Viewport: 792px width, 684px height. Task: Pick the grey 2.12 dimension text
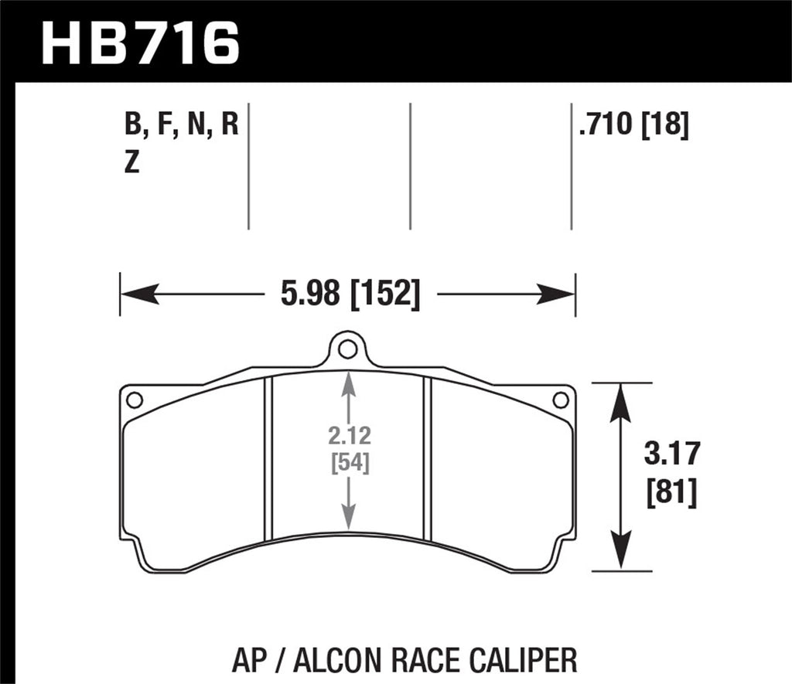coord(350,437)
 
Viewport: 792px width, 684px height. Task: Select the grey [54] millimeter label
coord(350,464)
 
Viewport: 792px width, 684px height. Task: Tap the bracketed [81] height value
coord(671,492)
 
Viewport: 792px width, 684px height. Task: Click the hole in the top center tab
coord(348,349)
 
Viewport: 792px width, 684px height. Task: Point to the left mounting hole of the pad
coord(134,400)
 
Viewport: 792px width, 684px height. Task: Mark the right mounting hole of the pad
coord(562,400)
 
